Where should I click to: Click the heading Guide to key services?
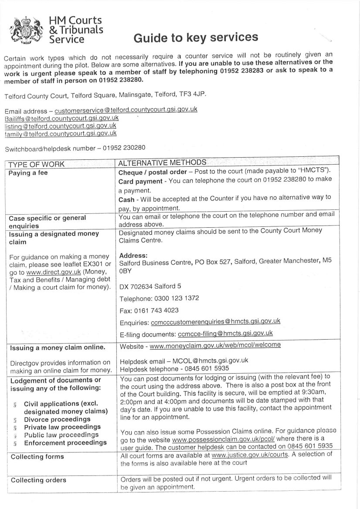pyautogui.click(x=195, y=38)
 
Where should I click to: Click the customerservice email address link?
pyautogui.click(x=126, y=110)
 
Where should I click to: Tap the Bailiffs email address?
pyautogui.click(x=61, y=118)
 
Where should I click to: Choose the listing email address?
pyautogui.click(x=60, y=125)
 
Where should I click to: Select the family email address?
pyautogui.click(x=61, y=133)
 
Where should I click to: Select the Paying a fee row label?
pyautogui.click(x=29, y=173)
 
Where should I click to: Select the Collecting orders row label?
pyautogui.click(x=38, y=480)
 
